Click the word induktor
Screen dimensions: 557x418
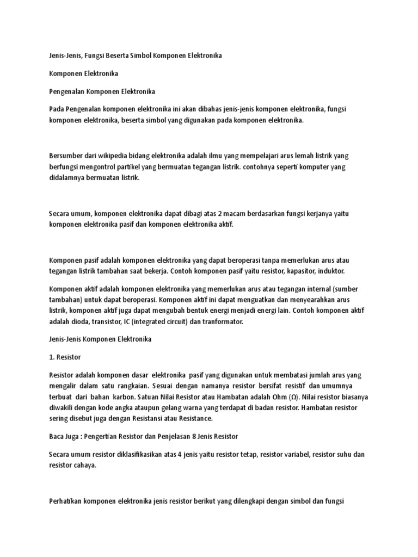pyautogui.click(x=329, y=271)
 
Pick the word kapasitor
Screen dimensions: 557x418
pyautogui.click(x=293, y=271)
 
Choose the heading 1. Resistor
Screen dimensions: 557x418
pyautogui.click(x=64, y=357)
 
